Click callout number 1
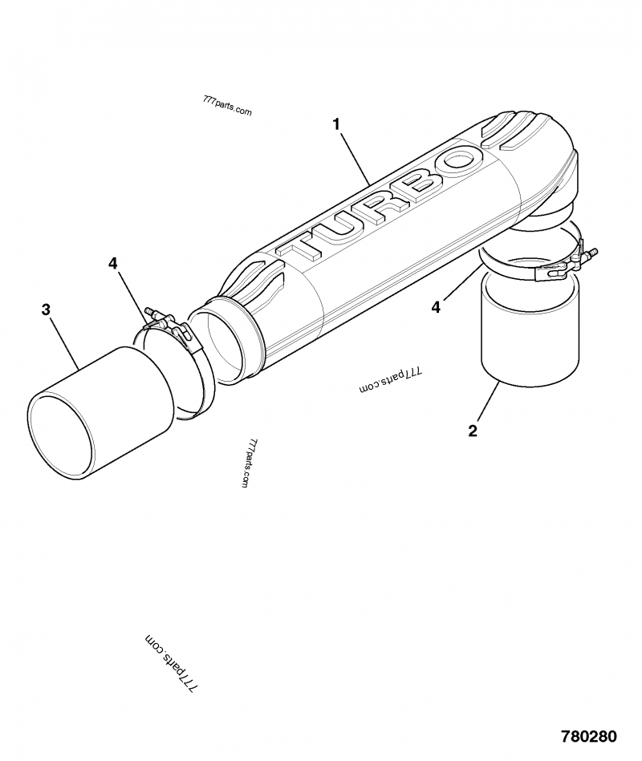pyautogui.click(x=336, y=124)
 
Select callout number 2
pyautogui.click(x=473, y=431)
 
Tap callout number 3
pyautogui.click(x=47, y=310)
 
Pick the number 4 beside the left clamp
pyautogui.click(x=113, y=262)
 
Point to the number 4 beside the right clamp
pyautogui.click(x=436, y=306)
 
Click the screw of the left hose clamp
pyautogui.click(x=152, y=312)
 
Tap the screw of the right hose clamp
pyautogui.click(x=590, y=255)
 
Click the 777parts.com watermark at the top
pyautogui.click(x=228, y=107)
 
